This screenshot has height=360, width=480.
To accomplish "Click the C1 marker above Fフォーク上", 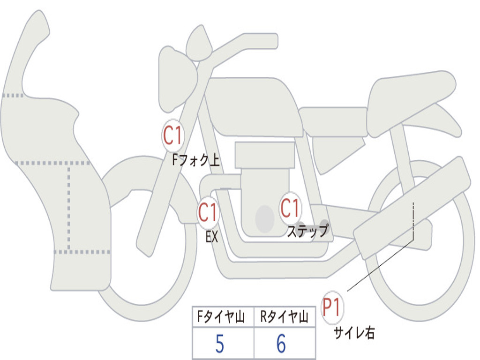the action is (x=173, y=136).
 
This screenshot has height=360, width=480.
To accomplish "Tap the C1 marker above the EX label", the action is (x=208, y=213).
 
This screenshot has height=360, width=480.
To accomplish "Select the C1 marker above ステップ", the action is (x=290, y=208).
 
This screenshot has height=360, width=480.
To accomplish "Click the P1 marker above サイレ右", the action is (x=332, y=308).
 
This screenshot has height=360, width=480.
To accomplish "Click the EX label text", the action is (x=212, y=237).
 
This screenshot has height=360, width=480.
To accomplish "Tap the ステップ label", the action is (x=307, y=231).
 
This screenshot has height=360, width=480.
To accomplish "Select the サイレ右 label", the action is (x=354, y=333).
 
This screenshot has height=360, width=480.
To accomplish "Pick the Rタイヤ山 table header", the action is (x=285, y=317).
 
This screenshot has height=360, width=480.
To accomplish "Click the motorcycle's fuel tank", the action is (x=253, y=105).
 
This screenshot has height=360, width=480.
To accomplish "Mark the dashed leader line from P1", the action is (x=380, y=265).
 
